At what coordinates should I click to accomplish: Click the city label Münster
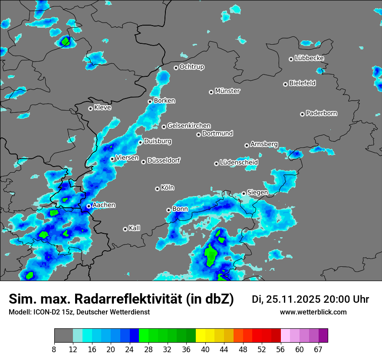[227, 91]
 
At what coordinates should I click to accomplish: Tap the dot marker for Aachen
[89, 206]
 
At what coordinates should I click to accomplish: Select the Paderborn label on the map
[322, 113]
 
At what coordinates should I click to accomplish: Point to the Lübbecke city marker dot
[291, 59]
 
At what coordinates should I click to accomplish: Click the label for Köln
[168, 188]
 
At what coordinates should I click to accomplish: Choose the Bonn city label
[180, 209]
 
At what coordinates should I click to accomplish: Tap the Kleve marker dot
[90, 108]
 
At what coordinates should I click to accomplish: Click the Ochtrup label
[192, 67]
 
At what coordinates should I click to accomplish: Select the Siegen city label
[258, 192]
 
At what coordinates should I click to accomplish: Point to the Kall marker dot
[125, 229]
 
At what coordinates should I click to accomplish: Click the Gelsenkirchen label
[189, 126]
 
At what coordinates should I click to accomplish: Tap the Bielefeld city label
[303, 83]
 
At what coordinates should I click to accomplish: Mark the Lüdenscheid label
[239, 162]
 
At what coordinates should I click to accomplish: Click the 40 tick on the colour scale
[205, 349]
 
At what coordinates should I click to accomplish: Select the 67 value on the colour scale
[318, 349]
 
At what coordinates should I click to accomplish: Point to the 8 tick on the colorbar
[54, 349]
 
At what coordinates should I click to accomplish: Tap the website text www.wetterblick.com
[313, 312]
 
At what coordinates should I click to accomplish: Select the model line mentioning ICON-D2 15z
[79, 312]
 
